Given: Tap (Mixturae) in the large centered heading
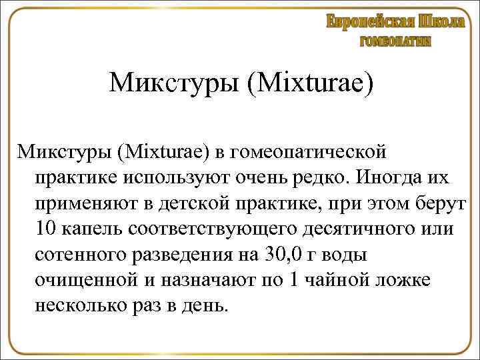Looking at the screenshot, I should (x=309, y=84).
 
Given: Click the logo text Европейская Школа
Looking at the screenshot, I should (x=395, y=21).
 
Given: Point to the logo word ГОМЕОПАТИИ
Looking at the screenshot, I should (x=395, y=41).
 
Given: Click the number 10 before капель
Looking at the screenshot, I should (x=47, y=229).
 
